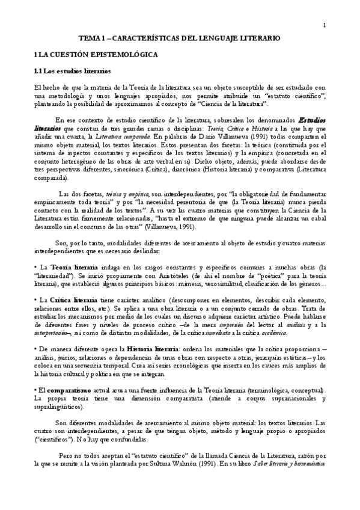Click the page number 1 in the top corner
[324, 25]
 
